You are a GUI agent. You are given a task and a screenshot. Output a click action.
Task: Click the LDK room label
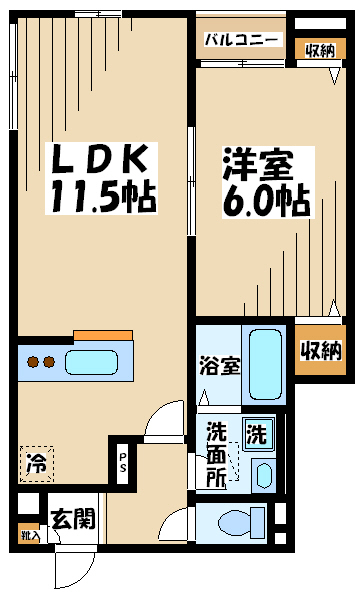[x=99, y=158]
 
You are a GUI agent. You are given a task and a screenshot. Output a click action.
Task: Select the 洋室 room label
[x=258, y=165]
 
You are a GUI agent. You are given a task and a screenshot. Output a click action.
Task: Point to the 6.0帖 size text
[x=267, y=201]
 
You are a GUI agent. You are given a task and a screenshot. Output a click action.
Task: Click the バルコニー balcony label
[x=240, y=40]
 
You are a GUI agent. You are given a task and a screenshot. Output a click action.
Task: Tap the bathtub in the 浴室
[x=265, y=364]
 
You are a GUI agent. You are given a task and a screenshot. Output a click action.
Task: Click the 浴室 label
[x=220, y=366]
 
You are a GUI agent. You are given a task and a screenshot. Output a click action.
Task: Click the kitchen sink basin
[x=91, y=362]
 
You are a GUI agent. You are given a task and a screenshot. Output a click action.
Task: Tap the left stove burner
[x=33, y=362]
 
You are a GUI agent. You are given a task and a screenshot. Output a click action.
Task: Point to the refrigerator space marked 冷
[x=37, y=463]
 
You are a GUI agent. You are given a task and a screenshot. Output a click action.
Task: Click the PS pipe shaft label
[x=122, y=463]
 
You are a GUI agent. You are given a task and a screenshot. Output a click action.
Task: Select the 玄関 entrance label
[x=73, y=519]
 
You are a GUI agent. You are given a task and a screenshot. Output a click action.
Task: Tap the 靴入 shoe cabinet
[x=29, y=533]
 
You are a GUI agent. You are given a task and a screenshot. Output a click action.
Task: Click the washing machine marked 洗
[x=259, y=434]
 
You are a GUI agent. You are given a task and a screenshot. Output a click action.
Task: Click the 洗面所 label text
[x=216, y=455]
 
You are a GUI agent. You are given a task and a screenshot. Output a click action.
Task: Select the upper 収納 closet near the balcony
[x=321, y=50]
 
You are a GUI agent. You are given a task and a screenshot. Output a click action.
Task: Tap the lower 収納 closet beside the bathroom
[x=321, y=350]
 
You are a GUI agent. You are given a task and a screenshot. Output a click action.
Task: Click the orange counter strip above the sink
[x=103, y=335]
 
